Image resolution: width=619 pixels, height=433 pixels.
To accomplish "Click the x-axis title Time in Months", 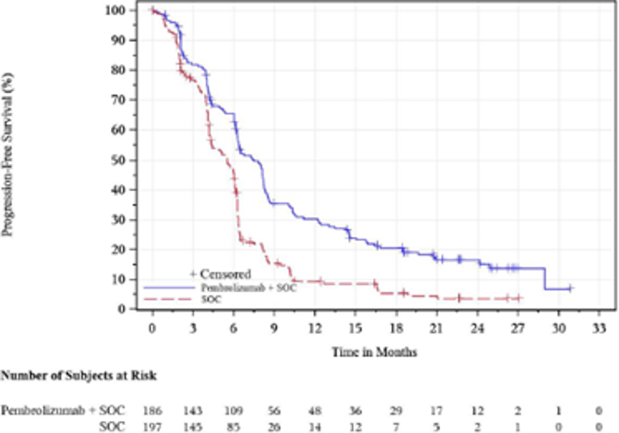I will pos(375,353).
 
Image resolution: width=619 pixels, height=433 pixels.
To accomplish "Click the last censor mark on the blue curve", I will pos(570,288).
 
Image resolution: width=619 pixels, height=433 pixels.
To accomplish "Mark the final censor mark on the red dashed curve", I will pos(518,298).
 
